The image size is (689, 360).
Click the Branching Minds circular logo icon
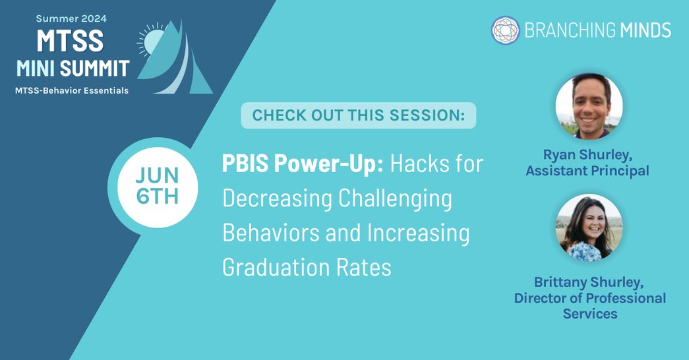point(506,30)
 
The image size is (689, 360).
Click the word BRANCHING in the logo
point(560,30)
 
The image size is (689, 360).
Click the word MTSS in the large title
point(70,41)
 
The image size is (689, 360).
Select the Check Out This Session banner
point(358,115)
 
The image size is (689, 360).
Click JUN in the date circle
point(158,176)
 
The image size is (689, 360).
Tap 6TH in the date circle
point(158,196)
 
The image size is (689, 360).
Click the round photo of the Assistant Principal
point(589,106)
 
